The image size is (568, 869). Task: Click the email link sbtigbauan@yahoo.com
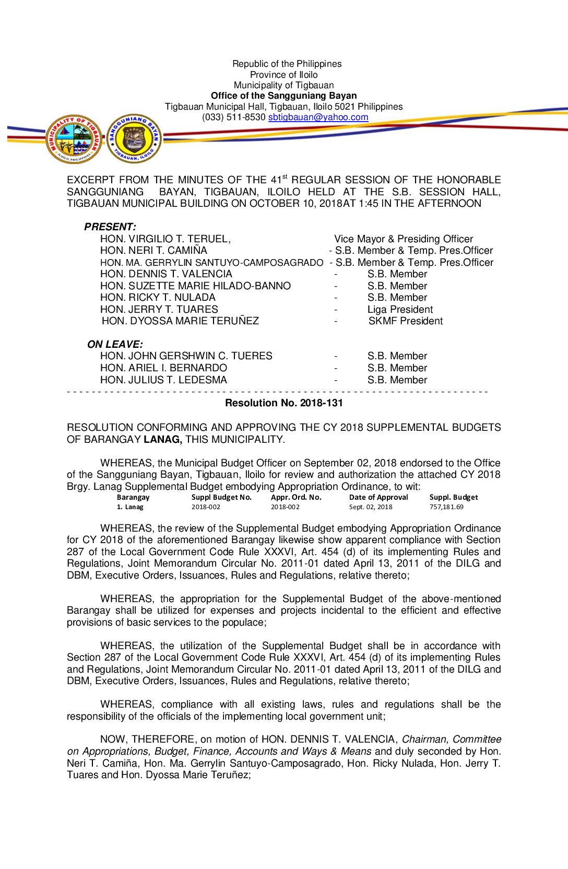tap(318, 118)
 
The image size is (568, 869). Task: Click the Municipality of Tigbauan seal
tap(74, 139)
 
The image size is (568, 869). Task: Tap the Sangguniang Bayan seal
tap(134, 139)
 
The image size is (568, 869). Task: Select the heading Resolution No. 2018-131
tap(283, 403)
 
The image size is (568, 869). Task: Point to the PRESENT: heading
tap(110, 227)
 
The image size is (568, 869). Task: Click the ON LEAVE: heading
tap(115, 345)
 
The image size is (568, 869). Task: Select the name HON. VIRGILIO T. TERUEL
tap(165, 239)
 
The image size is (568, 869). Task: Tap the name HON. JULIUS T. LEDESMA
tap(163, 380)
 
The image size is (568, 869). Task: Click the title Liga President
tap(400, 310)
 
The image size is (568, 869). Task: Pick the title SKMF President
tap(405, 321)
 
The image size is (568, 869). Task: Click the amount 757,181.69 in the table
tap(446, 507)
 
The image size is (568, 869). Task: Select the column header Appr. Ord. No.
tap(296, 498)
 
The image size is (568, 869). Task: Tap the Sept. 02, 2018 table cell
tap(371, 507)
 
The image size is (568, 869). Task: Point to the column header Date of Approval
tap(378, 498)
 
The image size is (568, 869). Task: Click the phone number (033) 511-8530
tap(234, 118)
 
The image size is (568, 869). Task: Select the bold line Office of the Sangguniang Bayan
tap(283, 96)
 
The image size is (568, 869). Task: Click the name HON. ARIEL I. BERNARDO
tap(163, 368)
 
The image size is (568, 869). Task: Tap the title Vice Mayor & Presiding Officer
tap(404, 239)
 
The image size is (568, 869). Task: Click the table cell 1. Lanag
tap(130, 507)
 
